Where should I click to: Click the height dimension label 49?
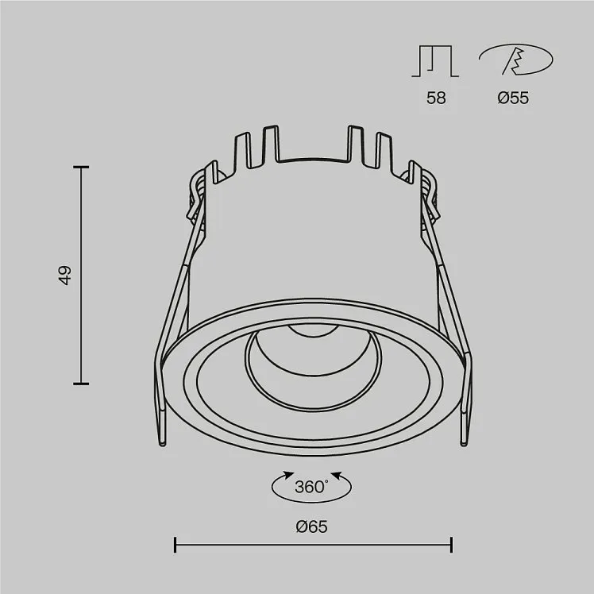coord(65,275)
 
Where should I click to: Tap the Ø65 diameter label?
coord(312,526)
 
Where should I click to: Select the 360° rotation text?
coord(311,487)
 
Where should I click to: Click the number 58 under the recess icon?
coord(436,98)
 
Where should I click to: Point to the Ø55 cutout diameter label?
coord(513,98)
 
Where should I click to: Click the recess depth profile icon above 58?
coord(435,61)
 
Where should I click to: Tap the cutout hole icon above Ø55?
coord(516,60)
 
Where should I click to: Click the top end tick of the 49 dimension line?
coord(81,167)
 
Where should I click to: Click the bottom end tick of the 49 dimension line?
coord(81,384)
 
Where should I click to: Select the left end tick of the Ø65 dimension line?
coord(175,545)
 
